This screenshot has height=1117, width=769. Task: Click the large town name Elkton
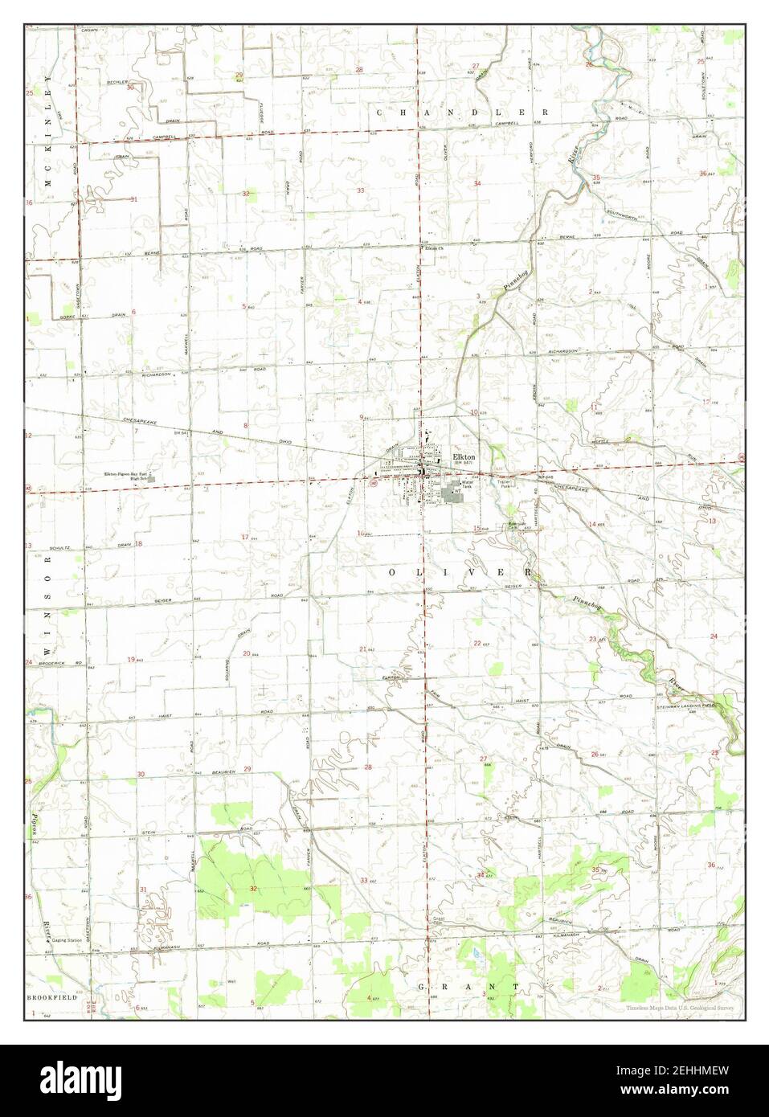click(x=464, y=456)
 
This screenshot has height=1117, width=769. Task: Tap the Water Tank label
click(x=467, y=485)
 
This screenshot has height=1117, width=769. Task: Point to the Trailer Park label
click(x=505, y=485)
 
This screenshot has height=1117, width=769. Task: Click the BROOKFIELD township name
click(x=52, y=996)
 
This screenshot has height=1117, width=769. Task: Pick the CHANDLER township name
click(x=462, y=113)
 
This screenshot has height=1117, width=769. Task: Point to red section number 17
click(x=245, y=537)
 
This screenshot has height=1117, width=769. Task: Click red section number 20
click(x=247, y=653)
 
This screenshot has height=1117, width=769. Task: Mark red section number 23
click(x=592, y=639)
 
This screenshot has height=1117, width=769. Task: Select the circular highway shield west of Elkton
click(x=370, y=485)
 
